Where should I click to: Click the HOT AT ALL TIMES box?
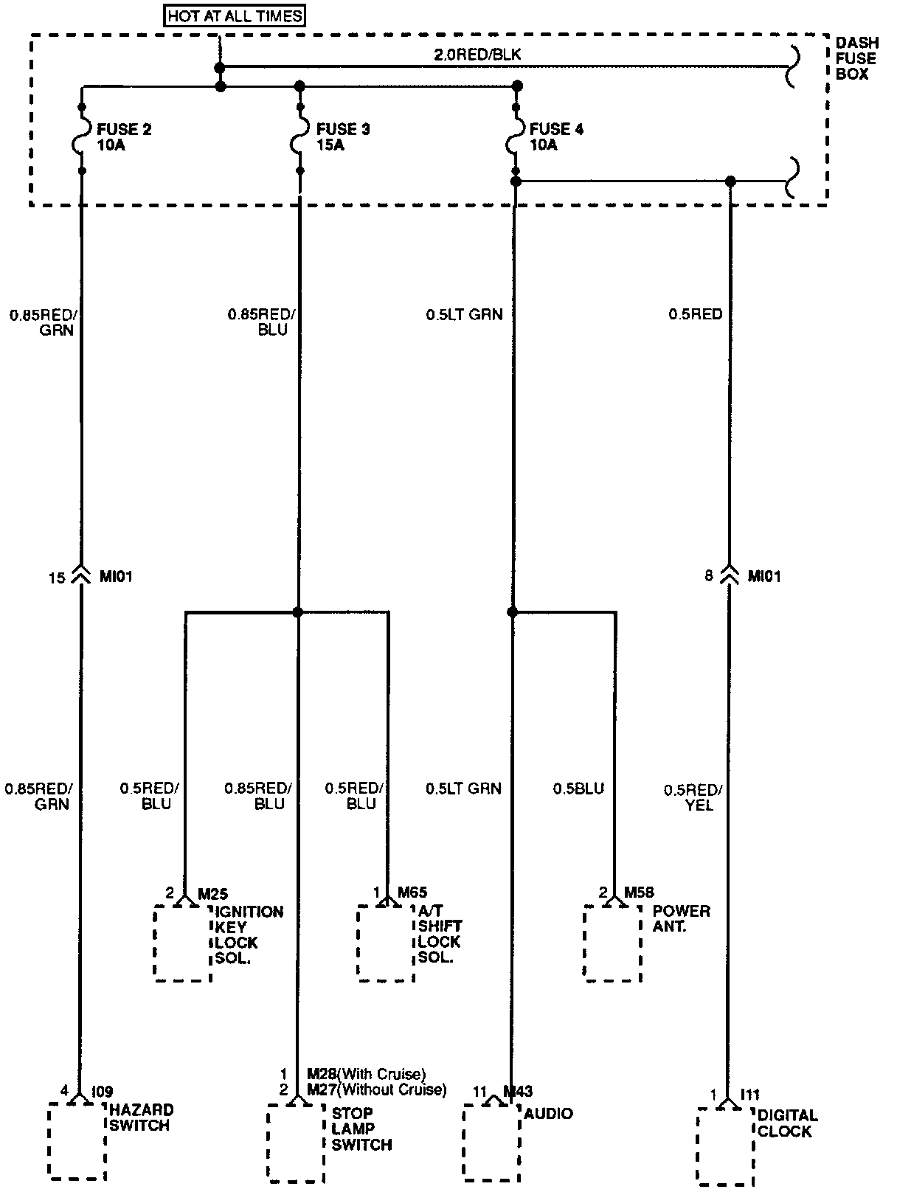coord(235,15)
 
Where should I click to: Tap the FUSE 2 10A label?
coord(123,137)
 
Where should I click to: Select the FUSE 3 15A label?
coord(342,137)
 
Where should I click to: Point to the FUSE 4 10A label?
coord(555,137)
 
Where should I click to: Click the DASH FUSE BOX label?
coord(856,58)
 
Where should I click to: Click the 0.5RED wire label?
coord(695,314)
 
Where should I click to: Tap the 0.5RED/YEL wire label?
coord(693,797)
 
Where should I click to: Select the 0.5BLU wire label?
coord(578,789)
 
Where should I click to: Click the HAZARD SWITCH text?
coord(142,1117)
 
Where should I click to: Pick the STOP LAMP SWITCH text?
coord(361,1129)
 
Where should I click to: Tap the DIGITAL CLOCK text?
coord(787,1123)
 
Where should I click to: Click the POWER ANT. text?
coord(681,918)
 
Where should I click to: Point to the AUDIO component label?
coord(548,1113)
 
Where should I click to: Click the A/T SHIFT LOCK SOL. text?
coord(439,935)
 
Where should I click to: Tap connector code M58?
coord(639,893)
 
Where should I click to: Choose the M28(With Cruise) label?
coord(367,1073)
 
